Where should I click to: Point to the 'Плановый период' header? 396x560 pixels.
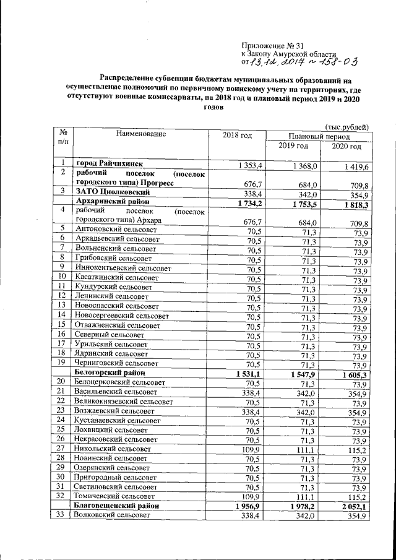coord(319,136)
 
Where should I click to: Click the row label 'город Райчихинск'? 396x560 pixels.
coord(110,164)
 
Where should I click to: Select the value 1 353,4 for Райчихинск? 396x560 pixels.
coord(251,166)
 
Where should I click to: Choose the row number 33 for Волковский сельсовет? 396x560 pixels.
coord(60,514)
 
